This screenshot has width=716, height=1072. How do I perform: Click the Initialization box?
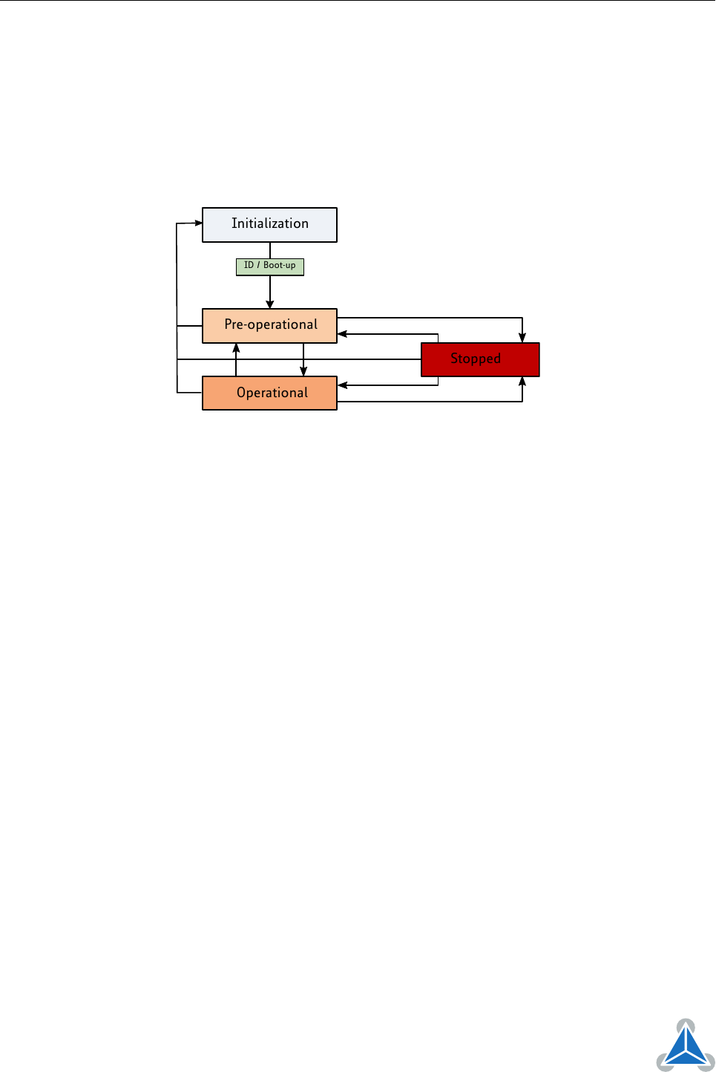(269, 224)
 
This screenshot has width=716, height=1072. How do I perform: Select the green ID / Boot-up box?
(270, 267)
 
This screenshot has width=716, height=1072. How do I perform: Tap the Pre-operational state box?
(269, 325)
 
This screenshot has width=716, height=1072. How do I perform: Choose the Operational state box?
(269, 393)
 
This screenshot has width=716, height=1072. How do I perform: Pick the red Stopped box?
(480, 359)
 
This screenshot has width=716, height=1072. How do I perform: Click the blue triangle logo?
(686, 1046)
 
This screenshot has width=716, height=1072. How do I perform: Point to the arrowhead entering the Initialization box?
(198, 223)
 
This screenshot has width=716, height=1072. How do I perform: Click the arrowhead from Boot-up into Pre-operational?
(270, 304)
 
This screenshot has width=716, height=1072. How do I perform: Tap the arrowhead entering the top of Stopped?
(522, 338)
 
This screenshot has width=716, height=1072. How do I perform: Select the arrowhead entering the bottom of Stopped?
(522, 381)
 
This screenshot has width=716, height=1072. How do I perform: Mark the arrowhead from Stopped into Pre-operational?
(342, 333)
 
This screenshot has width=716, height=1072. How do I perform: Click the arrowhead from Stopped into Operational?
(342, 385)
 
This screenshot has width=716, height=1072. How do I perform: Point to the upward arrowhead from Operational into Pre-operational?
(236, 348)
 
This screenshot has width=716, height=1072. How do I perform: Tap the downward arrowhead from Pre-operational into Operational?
(303, 371)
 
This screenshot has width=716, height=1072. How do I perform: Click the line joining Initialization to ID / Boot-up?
(270, 250)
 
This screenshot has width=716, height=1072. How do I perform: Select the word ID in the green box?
(249, 264)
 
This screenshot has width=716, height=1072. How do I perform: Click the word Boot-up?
(279, 265)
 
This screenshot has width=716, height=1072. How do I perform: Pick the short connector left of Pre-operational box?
(189, 326)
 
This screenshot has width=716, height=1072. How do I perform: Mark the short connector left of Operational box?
(189, 393)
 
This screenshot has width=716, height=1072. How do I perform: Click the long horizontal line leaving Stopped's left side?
(299, 359)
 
